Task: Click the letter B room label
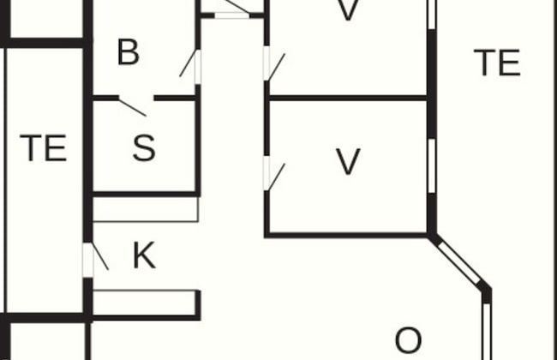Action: (x=128, y=52)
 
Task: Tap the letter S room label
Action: (x=145, y=148)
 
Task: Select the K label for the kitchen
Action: (x=144, y=255)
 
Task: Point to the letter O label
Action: (x=408, y=340)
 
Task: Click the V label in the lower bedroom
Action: (x=347, y=161)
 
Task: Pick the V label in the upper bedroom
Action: (x=347, y=10)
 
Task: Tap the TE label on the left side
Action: (x=43, y=148)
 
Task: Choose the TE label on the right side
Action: (x=497, y=63)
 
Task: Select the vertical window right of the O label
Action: (x=488, y=330)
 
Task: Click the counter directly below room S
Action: (x=146, y=210)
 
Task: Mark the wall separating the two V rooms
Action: (x=347, y=98)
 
